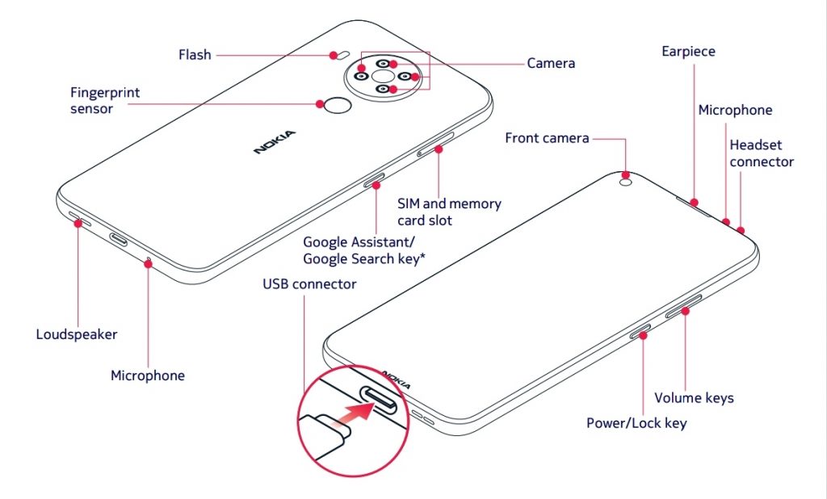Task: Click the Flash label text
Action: click(x=195, y=55)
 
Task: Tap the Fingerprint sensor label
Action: click(x=104, y=100)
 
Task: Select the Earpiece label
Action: click(x=688, y=52)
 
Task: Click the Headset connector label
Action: click(x=761, y=153)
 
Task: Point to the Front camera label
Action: click(x=547, y=138)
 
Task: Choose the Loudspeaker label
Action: click(x=77, y=334)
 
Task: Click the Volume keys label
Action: click(x=694, y=397)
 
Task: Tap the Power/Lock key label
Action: click(x=636, y=423)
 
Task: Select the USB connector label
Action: click(x=309, y=284)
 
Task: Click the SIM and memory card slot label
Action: click(x=449, y=212)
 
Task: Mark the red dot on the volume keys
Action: click(x=685, y=309)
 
